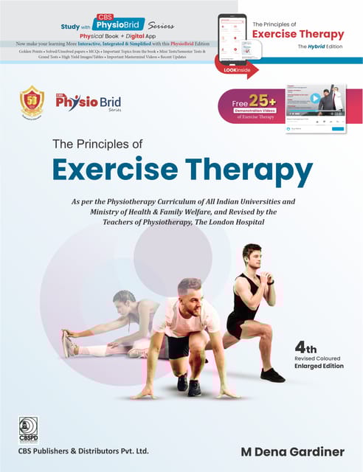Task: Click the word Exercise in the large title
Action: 115,170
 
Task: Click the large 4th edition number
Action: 307,346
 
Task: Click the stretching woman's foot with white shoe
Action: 70,342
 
